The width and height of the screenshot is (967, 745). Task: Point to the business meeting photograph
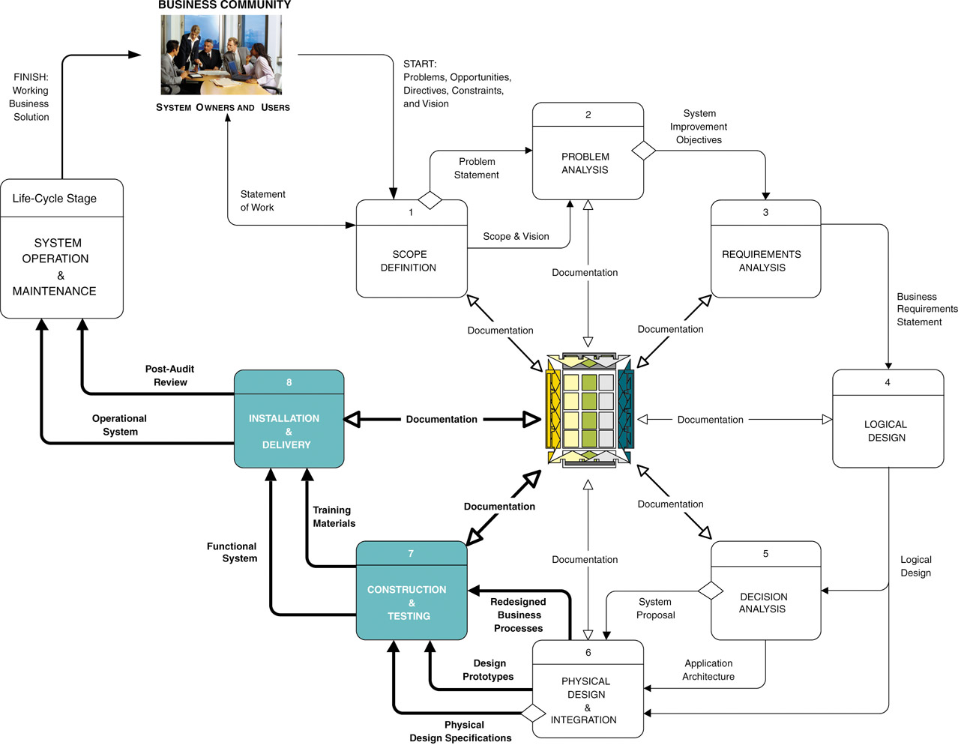point(221,55)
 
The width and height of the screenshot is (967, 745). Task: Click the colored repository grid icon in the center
point(589,411)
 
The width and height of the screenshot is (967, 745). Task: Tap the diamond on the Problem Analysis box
point(643,151)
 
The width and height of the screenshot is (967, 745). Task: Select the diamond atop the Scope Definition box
point(430,200)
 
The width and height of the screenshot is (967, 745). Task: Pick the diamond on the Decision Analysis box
point(711,591)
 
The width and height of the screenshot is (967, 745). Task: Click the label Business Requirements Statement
point(927,310)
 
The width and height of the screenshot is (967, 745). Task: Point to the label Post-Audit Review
point(170,375)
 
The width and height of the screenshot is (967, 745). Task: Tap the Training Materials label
point(334,517)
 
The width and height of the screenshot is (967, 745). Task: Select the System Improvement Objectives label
point(699,127)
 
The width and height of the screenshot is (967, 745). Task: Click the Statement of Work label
point(262,201)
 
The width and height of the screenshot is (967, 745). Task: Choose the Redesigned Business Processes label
point(518,615)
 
